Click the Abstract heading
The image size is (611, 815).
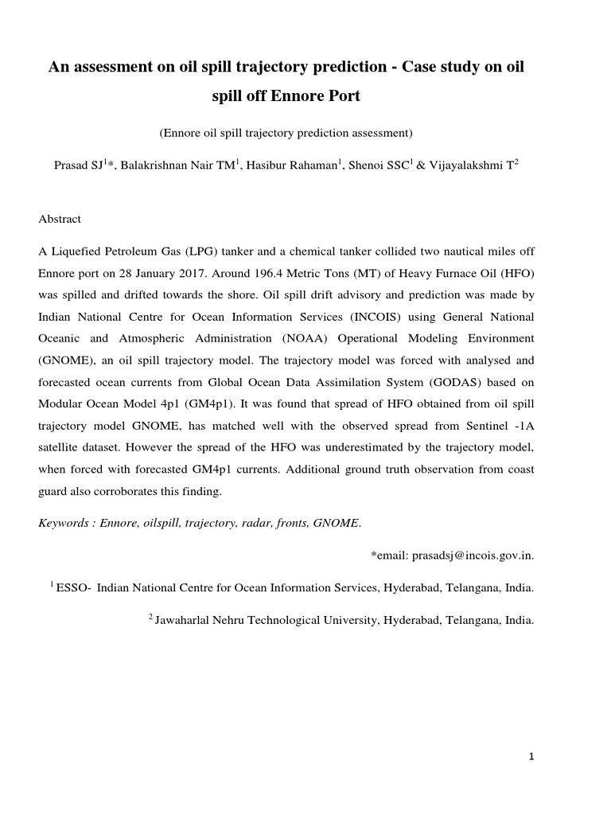pos(60,219)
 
